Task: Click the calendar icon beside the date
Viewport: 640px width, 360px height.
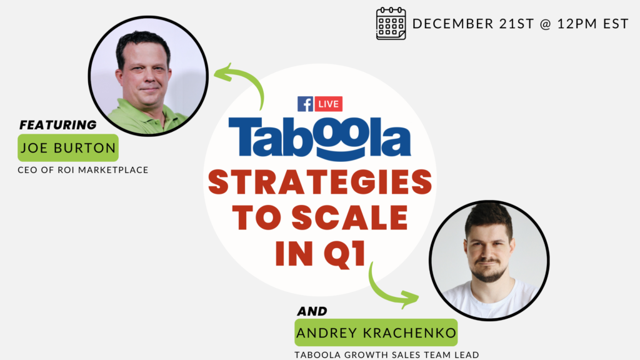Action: point(391,23)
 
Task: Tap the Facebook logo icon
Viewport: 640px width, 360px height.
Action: point(305,104)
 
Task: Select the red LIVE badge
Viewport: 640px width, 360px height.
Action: point(329,104)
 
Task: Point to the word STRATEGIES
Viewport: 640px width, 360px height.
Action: point(320,182)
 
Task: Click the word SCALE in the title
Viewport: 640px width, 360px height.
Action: point(350,217)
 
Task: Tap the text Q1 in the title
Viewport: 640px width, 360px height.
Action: point(345,254)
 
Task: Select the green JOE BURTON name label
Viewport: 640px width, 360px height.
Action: point(68,147)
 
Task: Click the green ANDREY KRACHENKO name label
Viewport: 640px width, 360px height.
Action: point(376,332)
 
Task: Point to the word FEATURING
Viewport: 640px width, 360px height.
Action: point(58,125)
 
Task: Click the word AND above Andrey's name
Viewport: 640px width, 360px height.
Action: point(312,311)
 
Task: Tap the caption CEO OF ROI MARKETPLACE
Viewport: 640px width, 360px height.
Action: point(83,170)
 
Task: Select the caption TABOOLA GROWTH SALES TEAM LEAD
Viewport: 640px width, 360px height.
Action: point(386,355)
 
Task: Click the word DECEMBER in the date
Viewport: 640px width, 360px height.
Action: point(453,24)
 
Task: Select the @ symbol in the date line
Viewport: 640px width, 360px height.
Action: point(545,24)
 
